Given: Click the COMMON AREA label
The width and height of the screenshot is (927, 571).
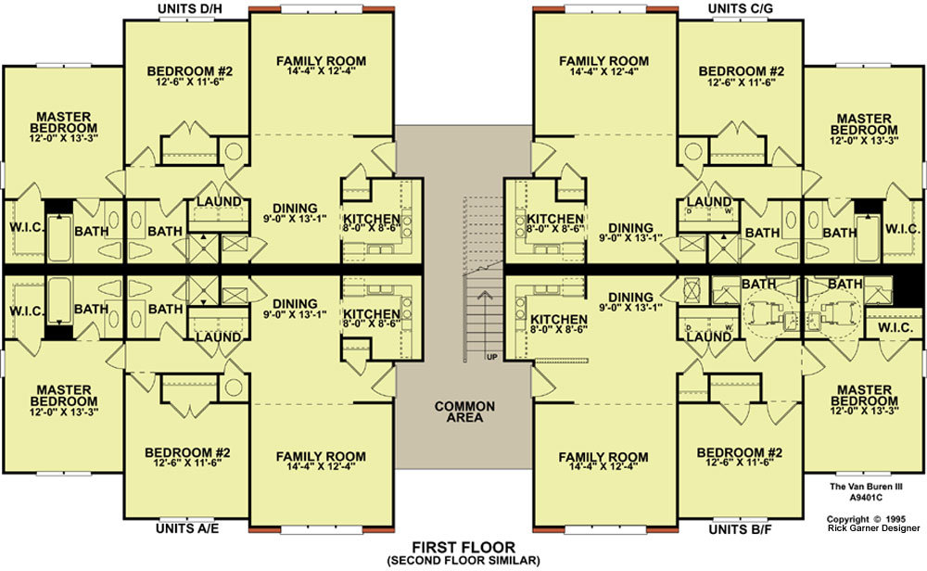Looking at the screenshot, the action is point(464,412).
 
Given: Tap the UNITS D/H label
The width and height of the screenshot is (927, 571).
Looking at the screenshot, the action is point(189,9).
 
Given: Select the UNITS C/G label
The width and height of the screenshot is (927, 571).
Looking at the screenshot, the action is point(740,9).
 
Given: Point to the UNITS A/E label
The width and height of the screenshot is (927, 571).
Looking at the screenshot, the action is point(187,527).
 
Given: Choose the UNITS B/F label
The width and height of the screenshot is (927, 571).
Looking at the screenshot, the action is point(740,529).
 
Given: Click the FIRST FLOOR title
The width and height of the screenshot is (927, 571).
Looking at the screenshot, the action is point(463,547).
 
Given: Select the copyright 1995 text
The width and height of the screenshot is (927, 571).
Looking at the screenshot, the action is point(866,519).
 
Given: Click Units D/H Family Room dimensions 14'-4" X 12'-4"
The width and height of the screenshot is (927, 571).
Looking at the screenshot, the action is point(321,71).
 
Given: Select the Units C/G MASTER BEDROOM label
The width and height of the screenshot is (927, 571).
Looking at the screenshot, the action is point(864,124).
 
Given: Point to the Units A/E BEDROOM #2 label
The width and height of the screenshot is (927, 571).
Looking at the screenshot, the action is point(187,452).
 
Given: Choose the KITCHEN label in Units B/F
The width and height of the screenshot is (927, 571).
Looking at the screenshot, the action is point(559,319).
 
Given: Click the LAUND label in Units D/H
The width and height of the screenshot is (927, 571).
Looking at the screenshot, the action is point(219,201).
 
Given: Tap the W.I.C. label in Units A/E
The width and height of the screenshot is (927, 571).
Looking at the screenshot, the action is point(27,311).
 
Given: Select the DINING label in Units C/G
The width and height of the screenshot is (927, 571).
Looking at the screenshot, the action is point(630,228).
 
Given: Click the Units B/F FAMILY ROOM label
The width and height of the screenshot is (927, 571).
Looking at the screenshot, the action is point(603,457).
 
